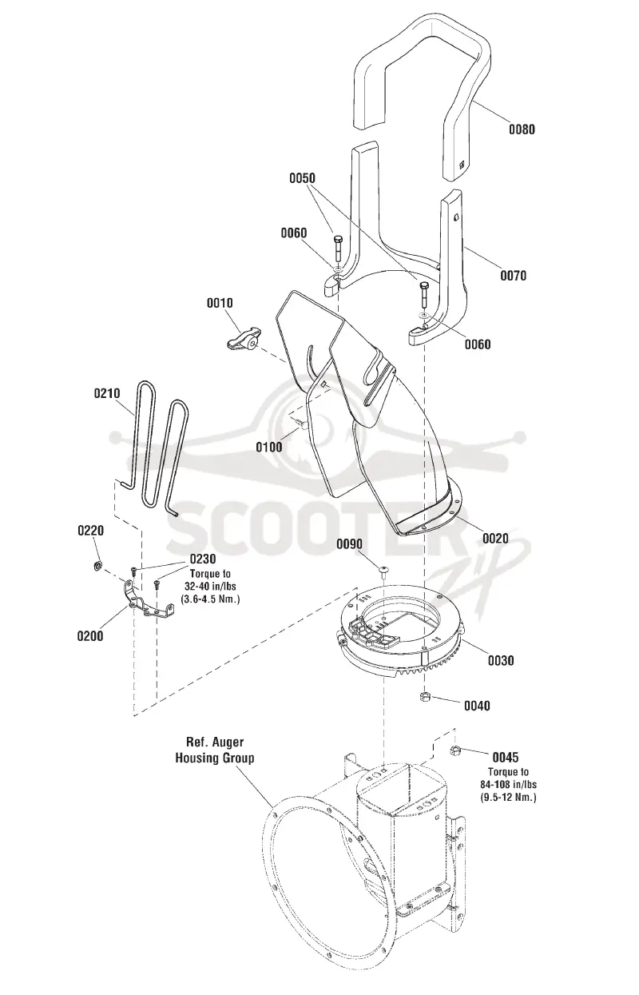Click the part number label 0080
(x=522, y=129)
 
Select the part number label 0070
(x=514, y=276)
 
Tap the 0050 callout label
(x=302, y=178)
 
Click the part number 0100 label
(x=268, y=447)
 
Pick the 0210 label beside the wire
(x=107, y=393)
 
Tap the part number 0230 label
(x=203, y=559)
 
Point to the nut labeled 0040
(x=424, y=695)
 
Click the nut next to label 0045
(x=454, y=751)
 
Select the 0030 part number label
(x=501, y=661)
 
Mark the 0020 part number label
(x=495, y=539)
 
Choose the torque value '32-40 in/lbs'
(x=211, y=587)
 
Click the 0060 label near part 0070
(x=478, y=344)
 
